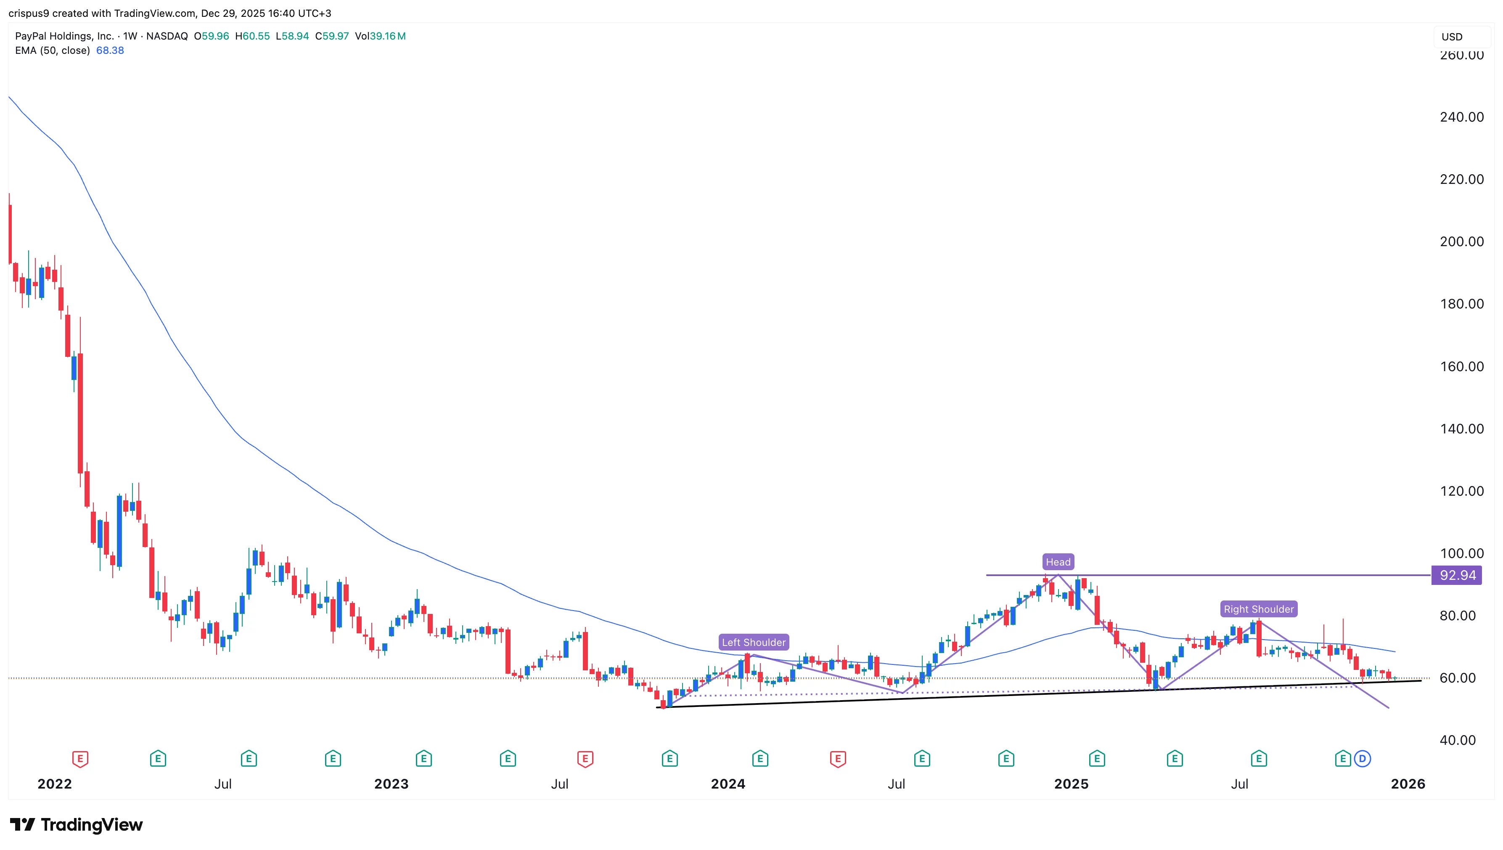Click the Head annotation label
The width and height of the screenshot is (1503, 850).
point(1058,562)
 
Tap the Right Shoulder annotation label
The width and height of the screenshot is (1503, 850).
point(1259,609)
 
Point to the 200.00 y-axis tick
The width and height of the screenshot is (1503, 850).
point(1461,242)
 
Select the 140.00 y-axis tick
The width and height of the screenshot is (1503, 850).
point(1461,428)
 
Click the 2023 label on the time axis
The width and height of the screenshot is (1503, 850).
point(391,784)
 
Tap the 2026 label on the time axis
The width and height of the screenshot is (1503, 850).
point(1407,784)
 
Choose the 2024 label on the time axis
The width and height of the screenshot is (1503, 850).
point(728,784)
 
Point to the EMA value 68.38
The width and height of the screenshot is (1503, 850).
point(110,50)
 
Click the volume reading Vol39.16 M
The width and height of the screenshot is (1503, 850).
point(380,36)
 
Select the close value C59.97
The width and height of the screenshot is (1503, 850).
point(331,36)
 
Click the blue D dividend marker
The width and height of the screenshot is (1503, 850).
point(1363,759)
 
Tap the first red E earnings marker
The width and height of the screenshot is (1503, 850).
point(80,759)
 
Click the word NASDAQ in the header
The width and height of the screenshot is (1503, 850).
point(167,36)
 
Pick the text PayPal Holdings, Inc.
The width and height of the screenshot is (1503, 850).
point(64,36)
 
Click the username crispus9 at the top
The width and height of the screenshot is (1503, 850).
point(29,13)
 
